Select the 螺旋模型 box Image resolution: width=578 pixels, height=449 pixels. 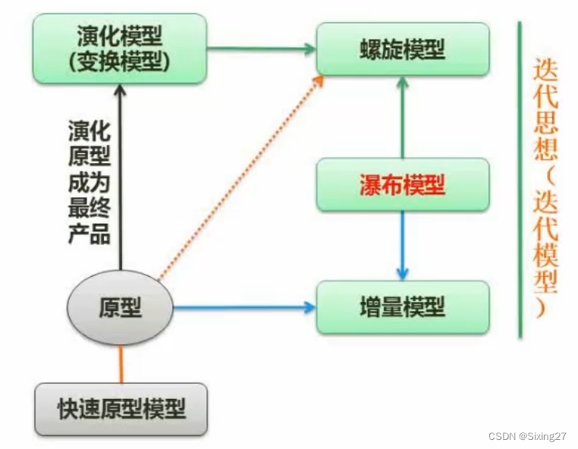[401, 50]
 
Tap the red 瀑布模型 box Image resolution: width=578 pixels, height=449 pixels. [401, 185]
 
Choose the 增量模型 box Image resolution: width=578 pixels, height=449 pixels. [401, 307]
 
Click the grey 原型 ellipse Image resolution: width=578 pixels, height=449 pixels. [121, 307]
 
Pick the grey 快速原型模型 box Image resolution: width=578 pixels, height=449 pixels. [121, 409]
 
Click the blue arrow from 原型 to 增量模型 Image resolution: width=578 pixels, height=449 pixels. [243, 307]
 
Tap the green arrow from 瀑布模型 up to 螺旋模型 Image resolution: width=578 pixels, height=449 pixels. [402, 118]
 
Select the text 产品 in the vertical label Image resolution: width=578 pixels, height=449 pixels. [90, 234]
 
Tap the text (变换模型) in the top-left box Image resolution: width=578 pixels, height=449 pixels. [120, 63]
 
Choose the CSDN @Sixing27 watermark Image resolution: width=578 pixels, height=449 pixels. [528, 436]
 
